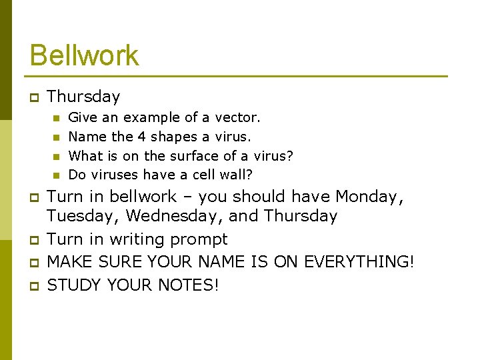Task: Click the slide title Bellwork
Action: (84, 55)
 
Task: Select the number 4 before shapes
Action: (141, 137)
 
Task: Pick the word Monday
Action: (367, 197)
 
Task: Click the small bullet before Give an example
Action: (56, 118)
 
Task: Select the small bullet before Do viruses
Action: (56, 175)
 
